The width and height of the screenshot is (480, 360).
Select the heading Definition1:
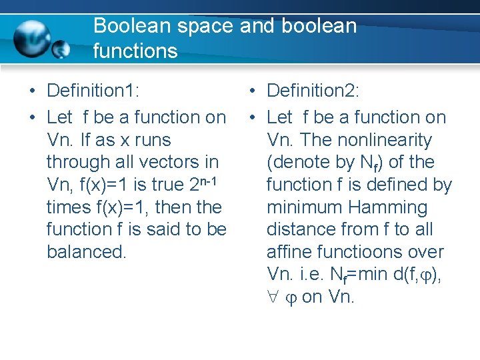97,90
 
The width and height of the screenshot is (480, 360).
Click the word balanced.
86,252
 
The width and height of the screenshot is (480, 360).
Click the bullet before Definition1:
32,91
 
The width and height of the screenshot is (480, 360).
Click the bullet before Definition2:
252,91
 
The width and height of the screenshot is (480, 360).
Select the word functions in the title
135,51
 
